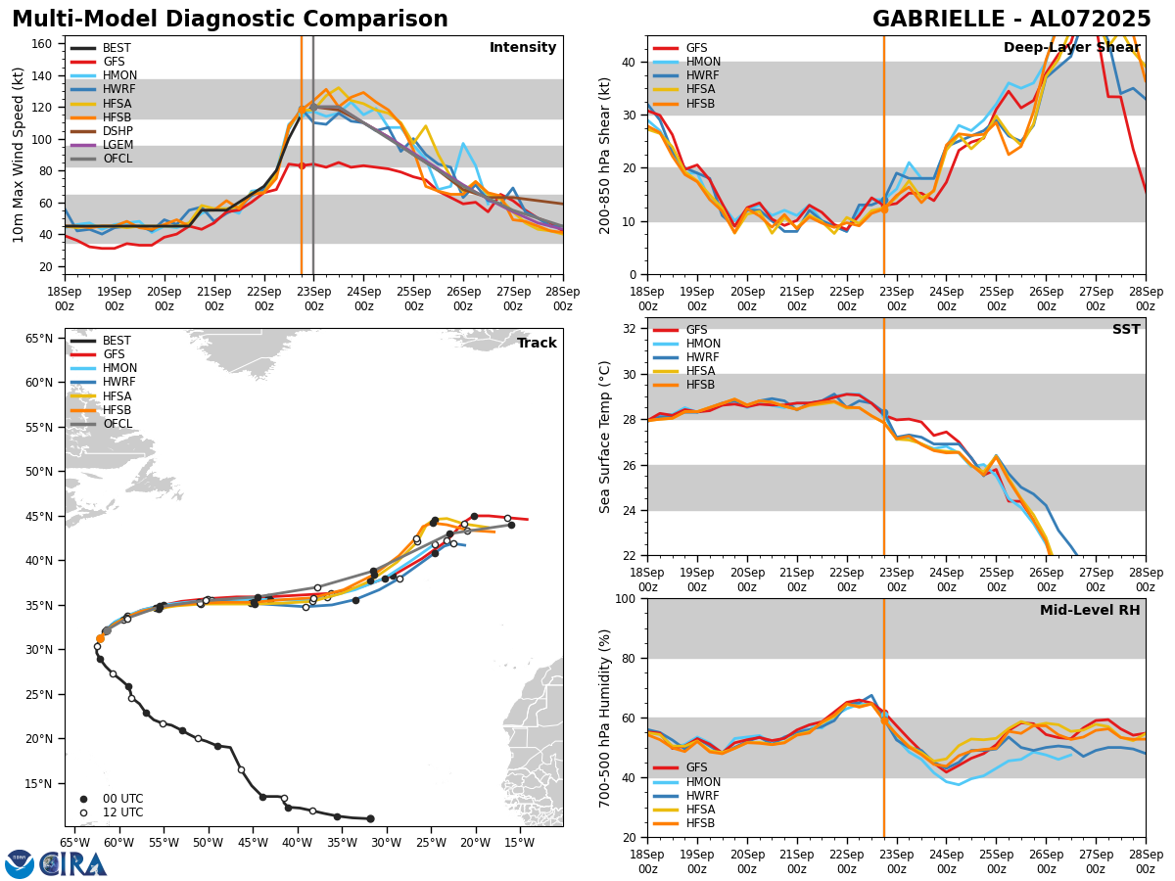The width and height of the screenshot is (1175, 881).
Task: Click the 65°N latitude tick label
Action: [x=39, y=339]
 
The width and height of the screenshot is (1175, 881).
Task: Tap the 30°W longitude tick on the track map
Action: [x=386, y=843]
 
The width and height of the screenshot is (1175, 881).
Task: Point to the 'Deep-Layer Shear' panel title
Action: [x=1071, y=48]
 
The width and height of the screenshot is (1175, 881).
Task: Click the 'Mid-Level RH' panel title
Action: [x=1090, y=611]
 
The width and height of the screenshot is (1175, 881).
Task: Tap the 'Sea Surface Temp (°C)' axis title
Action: [x=605, y=437]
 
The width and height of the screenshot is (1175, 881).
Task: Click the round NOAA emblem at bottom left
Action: [x=20, y=864]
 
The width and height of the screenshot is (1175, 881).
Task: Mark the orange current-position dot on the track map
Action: [x=100, y=638]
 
